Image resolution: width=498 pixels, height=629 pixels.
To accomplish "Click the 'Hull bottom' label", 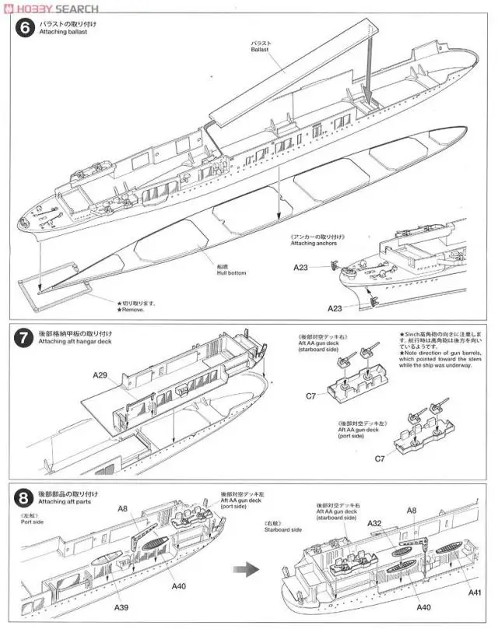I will coord(231,272).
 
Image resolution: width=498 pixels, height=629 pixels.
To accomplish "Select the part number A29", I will coord(100,374).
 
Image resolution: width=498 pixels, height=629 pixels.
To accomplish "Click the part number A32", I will coord(373,523).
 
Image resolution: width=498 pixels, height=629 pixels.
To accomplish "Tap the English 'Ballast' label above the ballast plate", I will coord(262,48).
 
